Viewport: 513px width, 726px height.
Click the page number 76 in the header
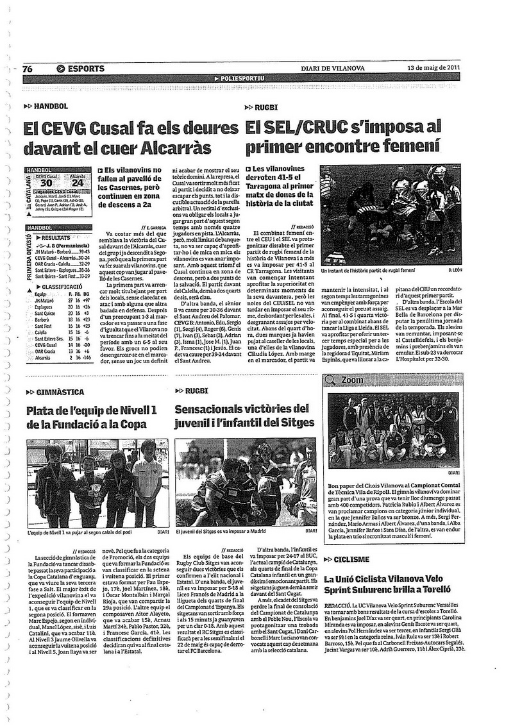(x=28, y=69)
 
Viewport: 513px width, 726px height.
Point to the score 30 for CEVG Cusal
(x=47, y=183)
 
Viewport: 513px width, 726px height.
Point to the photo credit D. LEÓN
(x=453, y=271)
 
